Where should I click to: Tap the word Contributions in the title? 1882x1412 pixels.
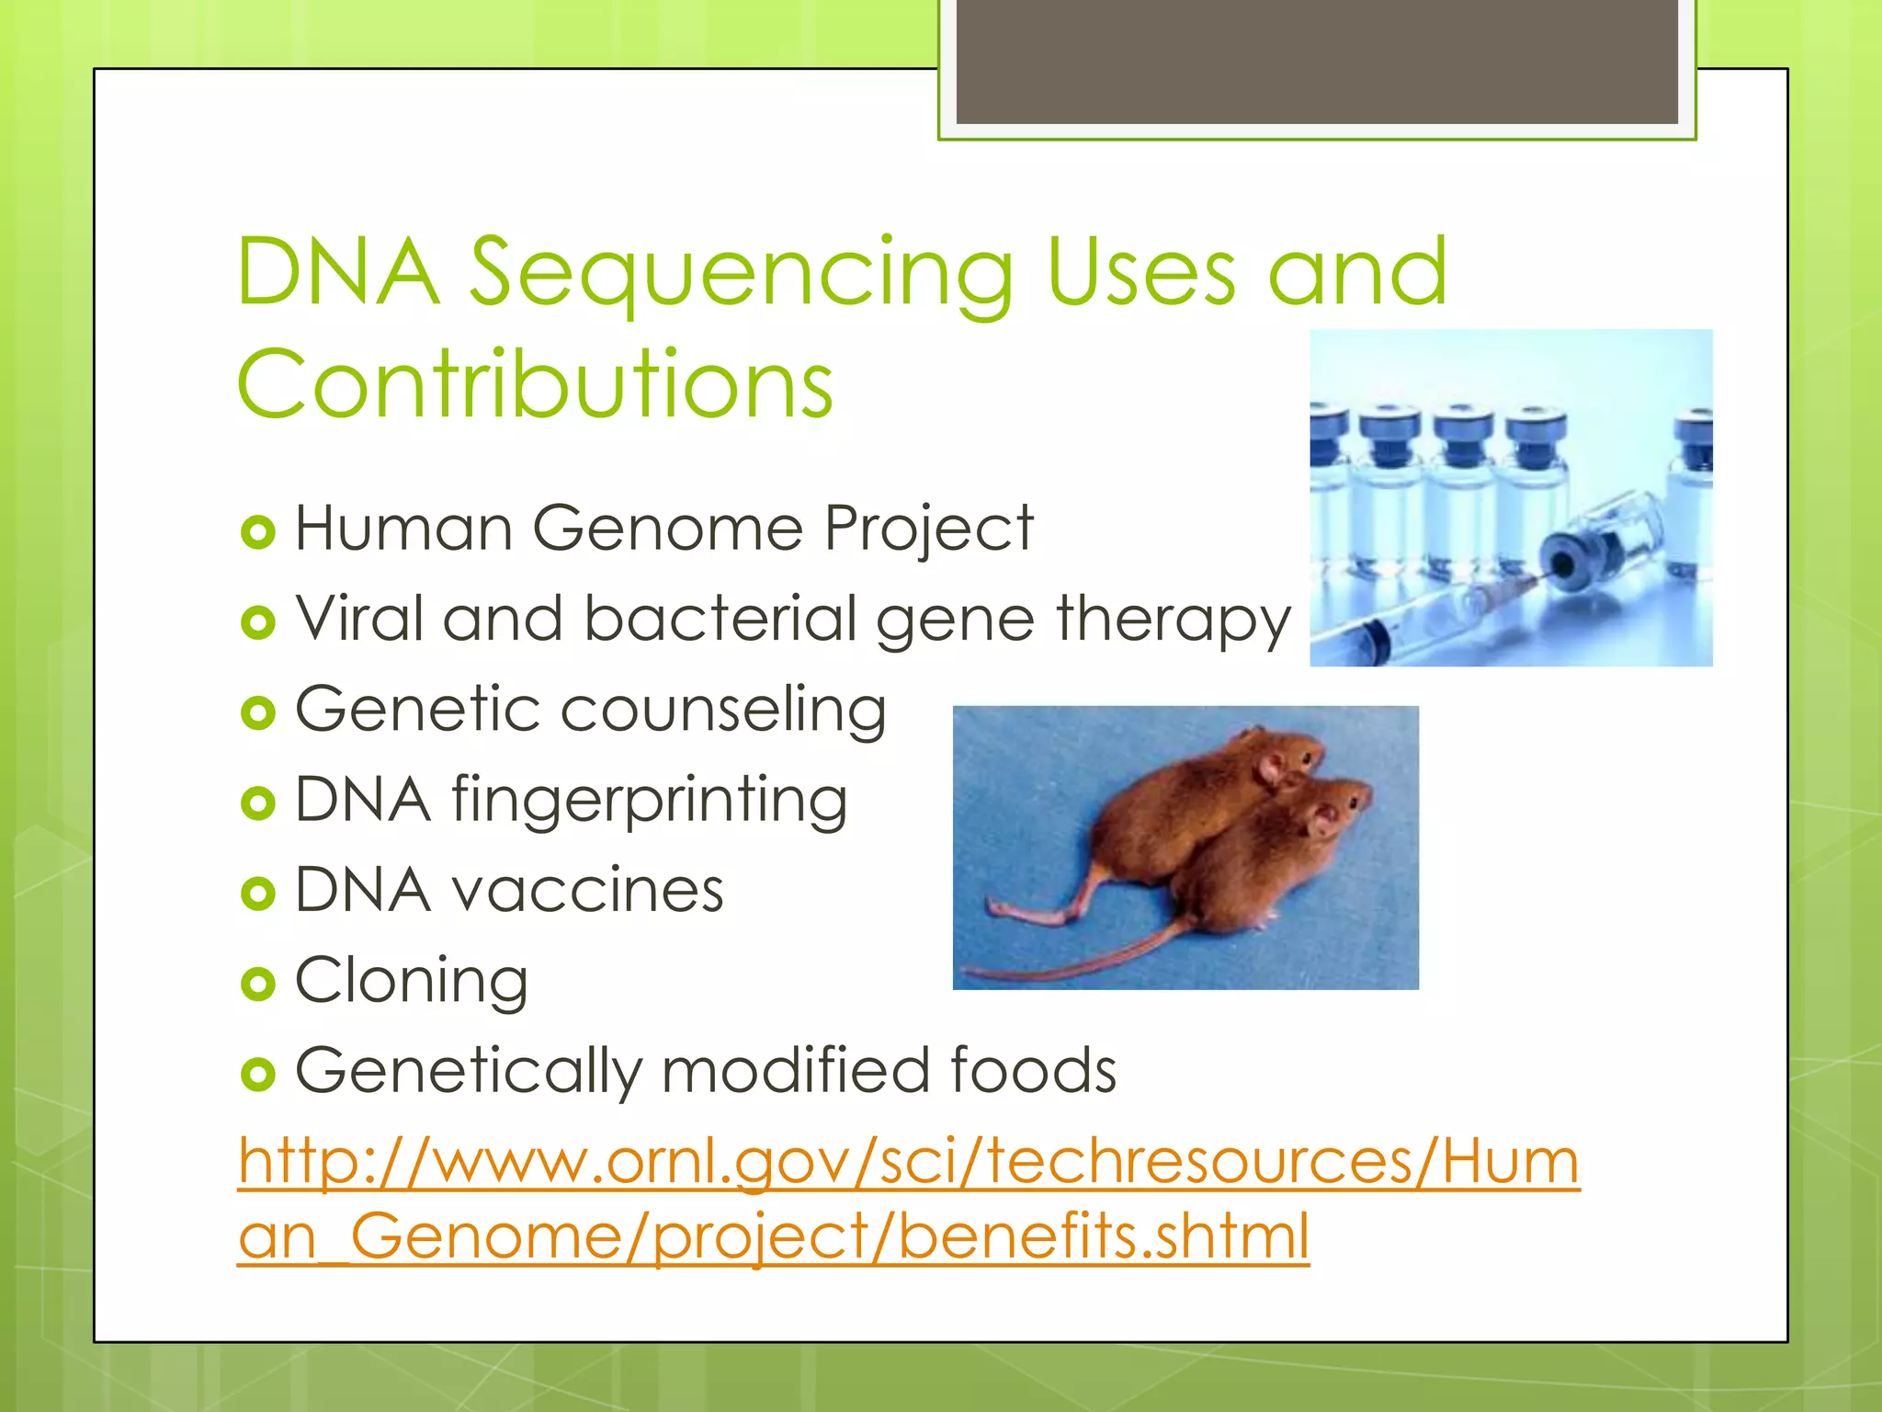(x=535, y=384)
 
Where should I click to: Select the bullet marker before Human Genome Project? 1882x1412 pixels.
(x=257, y=532)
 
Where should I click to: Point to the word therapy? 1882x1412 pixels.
(x=1173, y=621)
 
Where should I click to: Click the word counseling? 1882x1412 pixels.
(x=723, y=711)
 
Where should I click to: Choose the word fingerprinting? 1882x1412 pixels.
(x=649, y=800)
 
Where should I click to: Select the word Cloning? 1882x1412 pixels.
(x=411, y=981)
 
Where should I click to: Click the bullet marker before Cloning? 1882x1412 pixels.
(x=257, y=985)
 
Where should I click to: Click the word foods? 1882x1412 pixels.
(x=1032, y=1071)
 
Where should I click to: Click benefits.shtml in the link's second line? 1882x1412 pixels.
(x=1103, y=1236)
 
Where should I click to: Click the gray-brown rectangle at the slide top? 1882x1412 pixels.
(x=1317, y=61)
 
